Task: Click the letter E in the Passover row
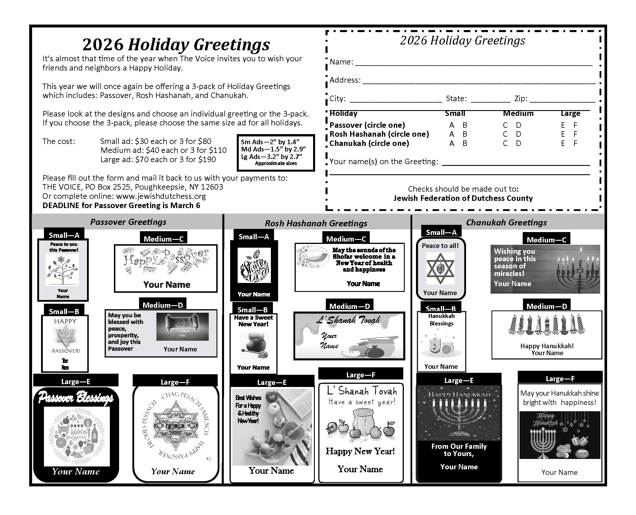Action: [563, 125]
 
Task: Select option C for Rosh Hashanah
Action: [505, 134]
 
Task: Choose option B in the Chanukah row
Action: [465, 144]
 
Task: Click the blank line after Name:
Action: [474, 63]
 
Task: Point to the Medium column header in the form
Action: [518, 114]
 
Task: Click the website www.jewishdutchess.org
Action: [161, 197]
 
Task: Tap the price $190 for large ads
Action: [207, 160]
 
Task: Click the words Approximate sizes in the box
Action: [276, 164]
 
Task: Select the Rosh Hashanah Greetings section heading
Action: [316, 223]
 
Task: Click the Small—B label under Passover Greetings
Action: [64, 312]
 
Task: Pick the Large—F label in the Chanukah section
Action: [560, 379]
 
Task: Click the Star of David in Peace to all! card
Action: [440, 268]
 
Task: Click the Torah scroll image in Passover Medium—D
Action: [182, 326]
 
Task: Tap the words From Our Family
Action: [459, 447]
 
